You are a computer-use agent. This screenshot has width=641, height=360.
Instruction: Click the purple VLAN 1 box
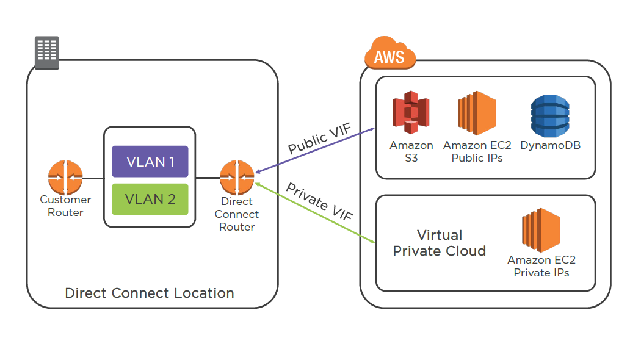pos(150,162)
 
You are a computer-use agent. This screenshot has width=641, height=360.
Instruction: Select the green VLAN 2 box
pos(150,199)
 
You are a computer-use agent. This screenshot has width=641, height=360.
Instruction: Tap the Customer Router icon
pos(65,178)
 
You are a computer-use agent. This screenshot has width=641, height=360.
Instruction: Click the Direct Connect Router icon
pos(237,178)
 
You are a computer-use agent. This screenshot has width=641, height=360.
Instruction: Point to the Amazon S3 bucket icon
pos(411,115)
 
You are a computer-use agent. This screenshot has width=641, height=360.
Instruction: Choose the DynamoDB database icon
pos(549,116)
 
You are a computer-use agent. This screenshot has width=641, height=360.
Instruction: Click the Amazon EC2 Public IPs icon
pos(477,113)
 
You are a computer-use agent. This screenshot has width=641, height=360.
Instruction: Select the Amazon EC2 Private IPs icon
pos(541,231)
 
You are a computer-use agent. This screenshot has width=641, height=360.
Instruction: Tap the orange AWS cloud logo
pos(389,56)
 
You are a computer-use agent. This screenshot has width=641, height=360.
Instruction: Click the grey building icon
pos(46,52)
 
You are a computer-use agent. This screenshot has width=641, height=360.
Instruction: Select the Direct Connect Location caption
pos(150,293)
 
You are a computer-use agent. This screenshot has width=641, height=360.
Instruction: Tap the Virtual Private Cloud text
pos(440,243)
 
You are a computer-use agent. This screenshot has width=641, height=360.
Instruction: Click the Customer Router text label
pos(65,206)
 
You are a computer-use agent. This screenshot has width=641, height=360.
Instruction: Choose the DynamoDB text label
pos(551,145)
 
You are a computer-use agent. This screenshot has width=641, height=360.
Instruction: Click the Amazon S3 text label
pos(411,151)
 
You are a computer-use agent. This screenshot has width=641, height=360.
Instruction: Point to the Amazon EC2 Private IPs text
pos(541,266)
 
